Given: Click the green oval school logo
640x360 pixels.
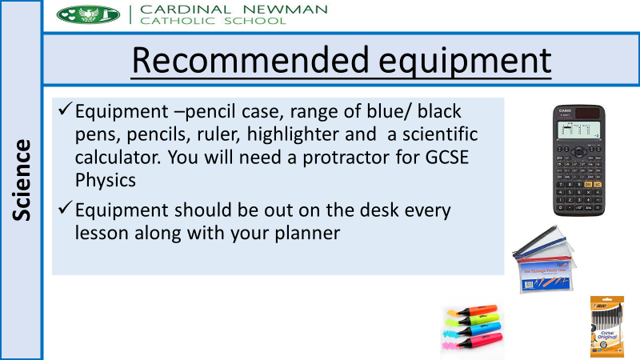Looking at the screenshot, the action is [x=88, y=14].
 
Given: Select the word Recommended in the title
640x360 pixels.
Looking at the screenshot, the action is [x=250, y=60].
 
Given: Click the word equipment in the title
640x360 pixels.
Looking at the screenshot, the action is [x=465, y=62].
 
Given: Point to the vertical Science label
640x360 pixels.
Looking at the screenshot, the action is [x=22, y=180].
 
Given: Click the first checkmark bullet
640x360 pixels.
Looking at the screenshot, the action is [x=66, y=109].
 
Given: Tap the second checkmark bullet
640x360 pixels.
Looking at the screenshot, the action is [x=66, y=207].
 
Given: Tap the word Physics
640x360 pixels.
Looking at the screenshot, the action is [x=106, y=181].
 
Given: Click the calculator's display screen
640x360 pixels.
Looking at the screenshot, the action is [x=578, y=130].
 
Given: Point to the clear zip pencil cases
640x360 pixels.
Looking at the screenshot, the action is [x=545, y=259].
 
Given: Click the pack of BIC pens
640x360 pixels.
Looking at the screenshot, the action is [x=607, y=326].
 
